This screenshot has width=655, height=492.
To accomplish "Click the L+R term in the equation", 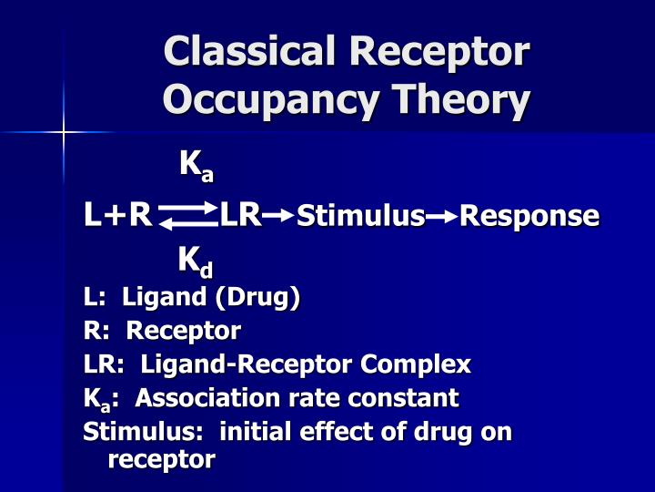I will pos(117,216).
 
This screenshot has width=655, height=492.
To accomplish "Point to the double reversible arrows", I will pos(186,216).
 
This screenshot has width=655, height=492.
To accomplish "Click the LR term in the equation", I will pos(241,216).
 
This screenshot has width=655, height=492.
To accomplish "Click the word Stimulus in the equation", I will pos(361,216).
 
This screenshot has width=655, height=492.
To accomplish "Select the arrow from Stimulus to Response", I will pos(442,216).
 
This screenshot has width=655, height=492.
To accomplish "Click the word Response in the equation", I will pos(529,216).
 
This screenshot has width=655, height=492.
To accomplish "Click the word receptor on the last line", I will pos(161,459).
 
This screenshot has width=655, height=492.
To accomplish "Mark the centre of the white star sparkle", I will pos(64,133).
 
